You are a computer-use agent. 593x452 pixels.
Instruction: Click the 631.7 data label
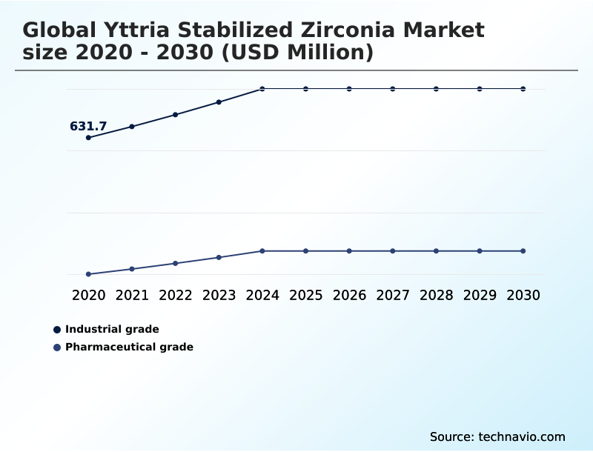[88, 127]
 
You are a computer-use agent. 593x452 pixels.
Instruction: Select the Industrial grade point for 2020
[88, 138]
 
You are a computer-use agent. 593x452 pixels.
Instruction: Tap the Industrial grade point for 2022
[176, 115]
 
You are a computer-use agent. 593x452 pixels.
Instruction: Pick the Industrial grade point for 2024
[262, 89]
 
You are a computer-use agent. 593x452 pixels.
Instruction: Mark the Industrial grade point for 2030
[523, 89]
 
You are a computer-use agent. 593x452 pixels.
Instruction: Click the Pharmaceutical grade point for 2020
[88, 274]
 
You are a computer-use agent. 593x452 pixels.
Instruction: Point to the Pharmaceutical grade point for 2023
[219, 257]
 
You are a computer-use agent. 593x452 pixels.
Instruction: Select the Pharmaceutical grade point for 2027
[393, 251]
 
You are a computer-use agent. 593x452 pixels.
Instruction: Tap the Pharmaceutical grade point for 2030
[523, 251]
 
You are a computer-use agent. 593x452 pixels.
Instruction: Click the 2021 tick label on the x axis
[132, 295]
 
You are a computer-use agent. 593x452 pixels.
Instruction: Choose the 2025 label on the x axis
[305, 295]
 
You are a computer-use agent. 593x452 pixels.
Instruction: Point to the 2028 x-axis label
[436, 295]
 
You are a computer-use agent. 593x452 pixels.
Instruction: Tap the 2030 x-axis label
[523, 295]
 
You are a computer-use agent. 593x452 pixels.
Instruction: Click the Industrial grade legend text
[112, 329]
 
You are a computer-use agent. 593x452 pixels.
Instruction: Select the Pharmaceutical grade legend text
[129, 347]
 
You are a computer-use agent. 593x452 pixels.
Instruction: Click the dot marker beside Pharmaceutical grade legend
[57, 347]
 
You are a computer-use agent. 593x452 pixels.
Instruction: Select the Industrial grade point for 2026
[349, 89]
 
